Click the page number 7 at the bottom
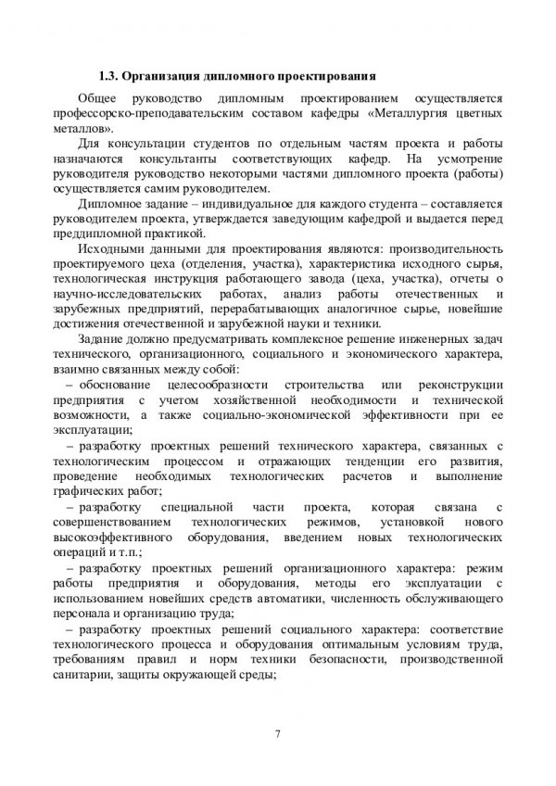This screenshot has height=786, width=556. (277, 735)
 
